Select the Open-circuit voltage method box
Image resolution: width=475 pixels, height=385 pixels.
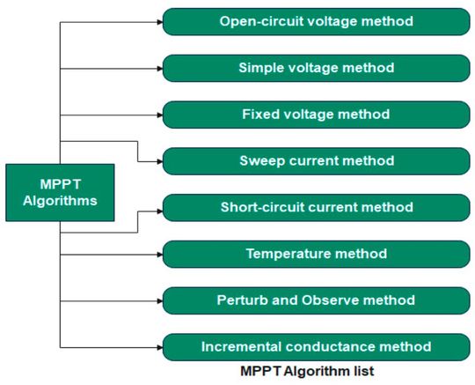point(315,19)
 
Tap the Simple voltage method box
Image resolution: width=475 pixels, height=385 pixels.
point(315,67)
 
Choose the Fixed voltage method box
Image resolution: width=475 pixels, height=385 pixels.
point(315,114)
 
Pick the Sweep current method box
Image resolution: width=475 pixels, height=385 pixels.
point(315,161)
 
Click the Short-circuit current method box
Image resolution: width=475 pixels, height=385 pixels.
point(315,208)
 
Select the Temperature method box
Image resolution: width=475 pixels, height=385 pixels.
point(315,255)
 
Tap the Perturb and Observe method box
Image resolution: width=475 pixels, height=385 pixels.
point(315,300)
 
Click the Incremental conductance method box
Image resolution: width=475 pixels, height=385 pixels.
point(315,346)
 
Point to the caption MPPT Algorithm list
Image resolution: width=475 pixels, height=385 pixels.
point(307,372)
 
